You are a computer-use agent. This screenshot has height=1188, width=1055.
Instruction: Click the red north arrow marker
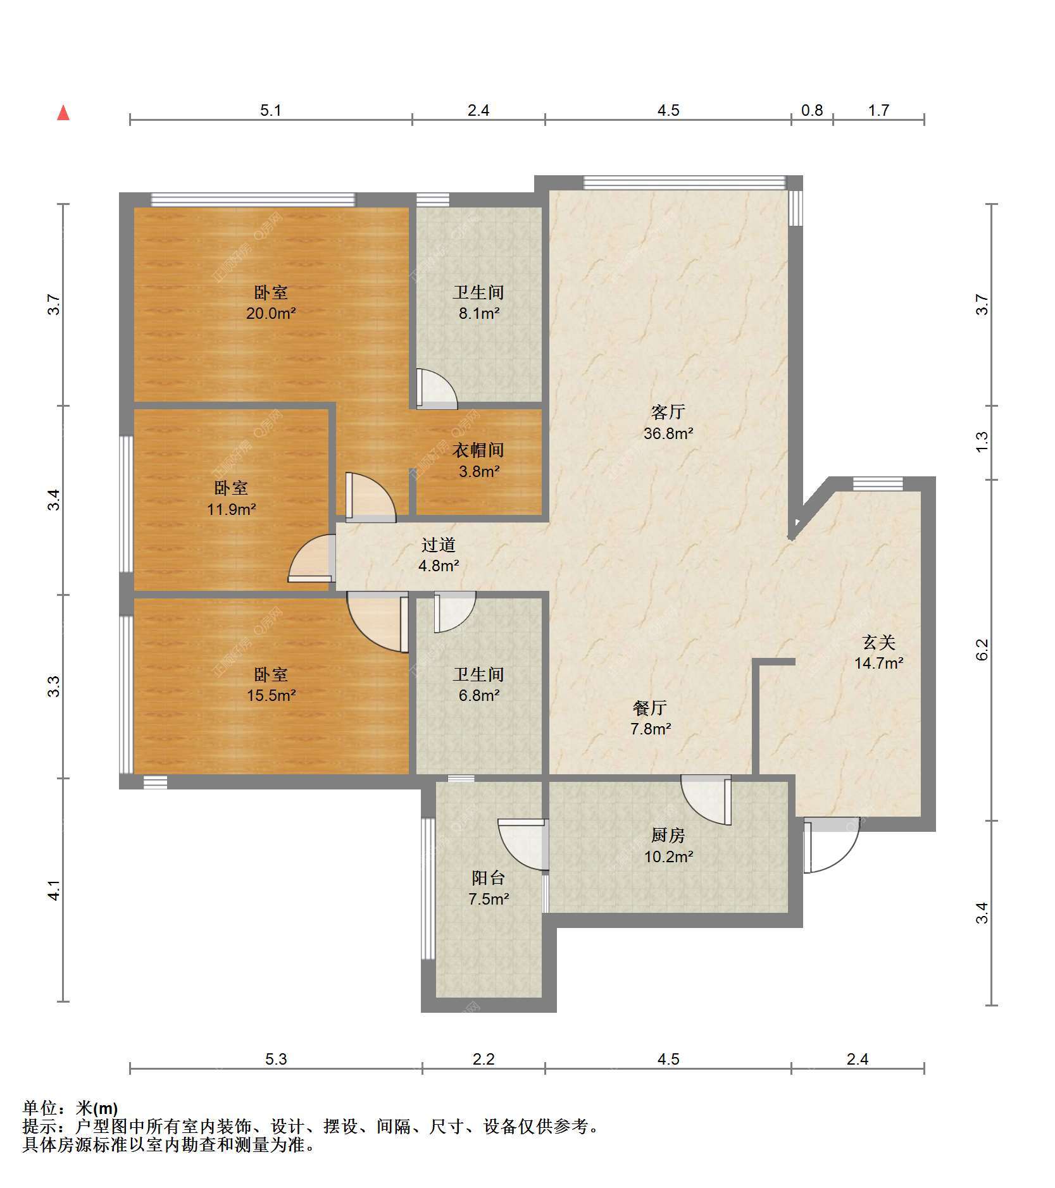(63, 113)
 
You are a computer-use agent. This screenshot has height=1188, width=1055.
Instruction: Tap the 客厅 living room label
(668, 412)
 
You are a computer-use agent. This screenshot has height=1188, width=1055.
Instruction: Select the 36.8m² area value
(668, 433)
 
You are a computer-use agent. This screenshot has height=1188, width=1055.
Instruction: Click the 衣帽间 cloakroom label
(478, 450)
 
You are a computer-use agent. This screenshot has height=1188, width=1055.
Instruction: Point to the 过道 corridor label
(439, 545)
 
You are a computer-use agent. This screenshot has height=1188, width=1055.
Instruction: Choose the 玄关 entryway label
(879, 642)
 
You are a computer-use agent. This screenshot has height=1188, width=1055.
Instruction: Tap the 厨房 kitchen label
(668, 836)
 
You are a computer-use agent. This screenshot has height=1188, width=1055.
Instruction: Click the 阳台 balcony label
(489, 878)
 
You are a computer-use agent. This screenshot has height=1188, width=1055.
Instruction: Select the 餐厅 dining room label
(650, 708)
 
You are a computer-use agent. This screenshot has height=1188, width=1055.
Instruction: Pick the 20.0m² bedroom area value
(271, 313)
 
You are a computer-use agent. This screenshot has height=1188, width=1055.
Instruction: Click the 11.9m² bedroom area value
(232, 509)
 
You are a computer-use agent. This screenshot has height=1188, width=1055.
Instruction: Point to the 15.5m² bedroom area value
(271, 695)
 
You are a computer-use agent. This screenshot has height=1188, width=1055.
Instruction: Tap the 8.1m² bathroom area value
(479, 313)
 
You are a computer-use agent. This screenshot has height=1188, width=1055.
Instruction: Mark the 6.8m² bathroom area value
(479, 695)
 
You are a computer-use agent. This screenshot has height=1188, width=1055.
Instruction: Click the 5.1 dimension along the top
(271, 110)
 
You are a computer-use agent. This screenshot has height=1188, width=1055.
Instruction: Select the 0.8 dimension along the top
(812, 110)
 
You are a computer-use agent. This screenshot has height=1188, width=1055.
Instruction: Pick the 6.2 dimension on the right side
(982, 650)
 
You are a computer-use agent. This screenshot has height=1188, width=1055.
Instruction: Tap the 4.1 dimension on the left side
(56, 890)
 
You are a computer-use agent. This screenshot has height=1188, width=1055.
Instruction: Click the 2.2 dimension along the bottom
(484, 1059)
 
